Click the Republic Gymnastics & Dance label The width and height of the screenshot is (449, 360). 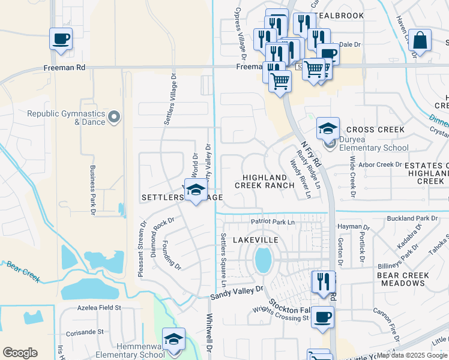pos(65,118)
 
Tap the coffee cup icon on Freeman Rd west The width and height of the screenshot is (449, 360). pos(61,40)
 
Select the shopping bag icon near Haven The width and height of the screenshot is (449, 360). pos(420,41)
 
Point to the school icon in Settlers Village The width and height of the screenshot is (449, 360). pos(195,191)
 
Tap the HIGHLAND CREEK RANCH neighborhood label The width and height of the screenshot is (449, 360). pos(268,182)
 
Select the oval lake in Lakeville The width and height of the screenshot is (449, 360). pos(262,260)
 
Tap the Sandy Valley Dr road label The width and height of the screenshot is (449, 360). pos(237,293)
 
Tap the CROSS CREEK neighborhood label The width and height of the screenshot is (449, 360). pos(375,130)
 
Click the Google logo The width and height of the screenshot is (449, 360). pos(20,353)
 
